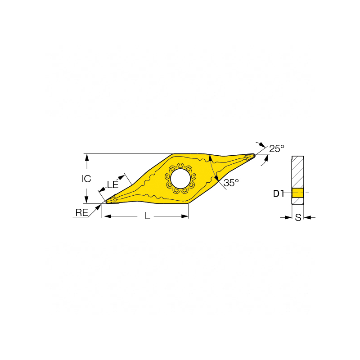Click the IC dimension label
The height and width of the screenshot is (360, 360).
[86, 179]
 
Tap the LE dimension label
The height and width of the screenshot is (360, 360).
[112, 184]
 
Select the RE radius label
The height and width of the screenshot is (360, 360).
[82, 212]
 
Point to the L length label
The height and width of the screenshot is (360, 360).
[148, 216]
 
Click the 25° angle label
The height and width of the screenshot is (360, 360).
[277, 149]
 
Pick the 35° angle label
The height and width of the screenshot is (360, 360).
[231, 183]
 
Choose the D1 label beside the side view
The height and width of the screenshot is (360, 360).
[279, 194]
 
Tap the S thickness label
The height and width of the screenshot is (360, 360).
[298, 217]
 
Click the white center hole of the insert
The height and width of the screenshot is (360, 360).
[180, 178]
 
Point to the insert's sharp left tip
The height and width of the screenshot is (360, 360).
[106, 202]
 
